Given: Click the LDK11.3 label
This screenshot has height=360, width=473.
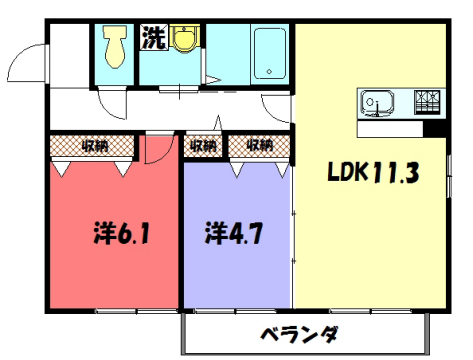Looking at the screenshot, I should [x=373, y=172].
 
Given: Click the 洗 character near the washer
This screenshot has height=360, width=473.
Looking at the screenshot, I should [x=152, y=39].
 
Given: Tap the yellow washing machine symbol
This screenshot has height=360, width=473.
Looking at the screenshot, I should [x=183, y=42].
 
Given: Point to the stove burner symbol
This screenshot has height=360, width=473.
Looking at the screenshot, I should [x=427, y=102].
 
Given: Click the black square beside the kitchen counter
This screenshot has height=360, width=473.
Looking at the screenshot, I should [x=434, y=128].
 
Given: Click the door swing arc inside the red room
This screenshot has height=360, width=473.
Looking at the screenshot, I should [x=158, y=150].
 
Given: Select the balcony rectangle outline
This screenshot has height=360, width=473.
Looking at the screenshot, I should [x=303, y=334].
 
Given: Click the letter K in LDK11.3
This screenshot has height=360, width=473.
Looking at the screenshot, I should [x=363, y=172].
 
